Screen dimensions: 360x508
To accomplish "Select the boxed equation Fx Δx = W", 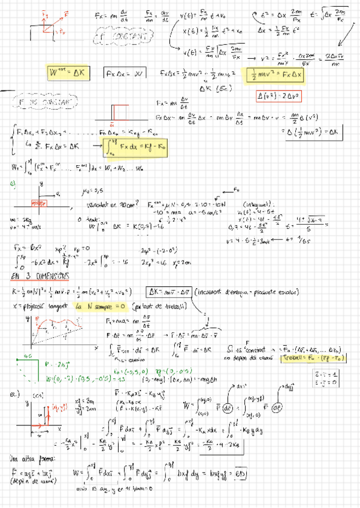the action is (x=125, y=74).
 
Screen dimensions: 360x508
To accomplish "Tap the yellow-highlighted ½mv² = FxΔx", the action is (x=277, y=77).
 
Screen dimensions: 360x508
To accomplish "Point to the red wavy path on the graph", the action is (x=57, y=327).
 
